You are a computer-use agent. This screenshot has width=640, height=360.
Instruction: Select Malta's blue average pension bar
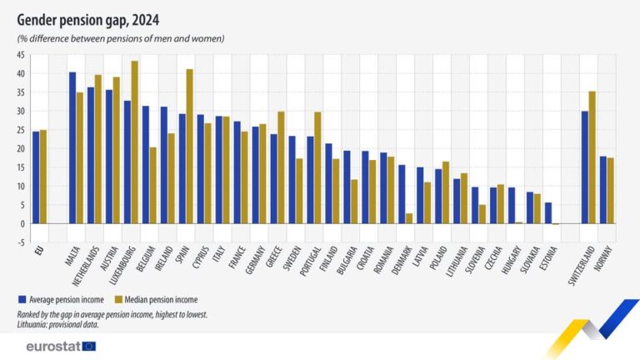(72, 147)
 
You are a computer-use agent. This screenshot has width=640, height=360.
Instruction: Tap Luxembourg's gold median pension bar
(135, 142)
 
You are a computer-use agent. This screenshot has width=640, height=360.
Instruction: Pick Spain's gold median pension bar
(189, 146)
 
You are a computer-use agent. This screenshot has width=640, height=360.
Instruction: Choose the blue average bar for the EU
(36, 177)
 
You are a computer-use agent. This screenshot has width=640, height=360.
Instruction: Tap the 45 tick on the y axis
(18, 55)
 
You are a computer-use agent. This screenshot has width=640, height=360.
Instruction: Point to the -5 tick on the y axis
(19, 242)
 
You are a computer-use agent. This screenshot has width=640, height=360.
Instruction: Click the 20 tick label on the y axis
(18, 148)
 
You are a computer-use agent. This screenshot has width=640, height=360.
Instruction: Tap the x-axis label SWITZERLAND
(583, 266)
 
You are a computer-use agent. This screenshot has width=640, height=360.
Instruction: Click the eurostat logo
(61, 345)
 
